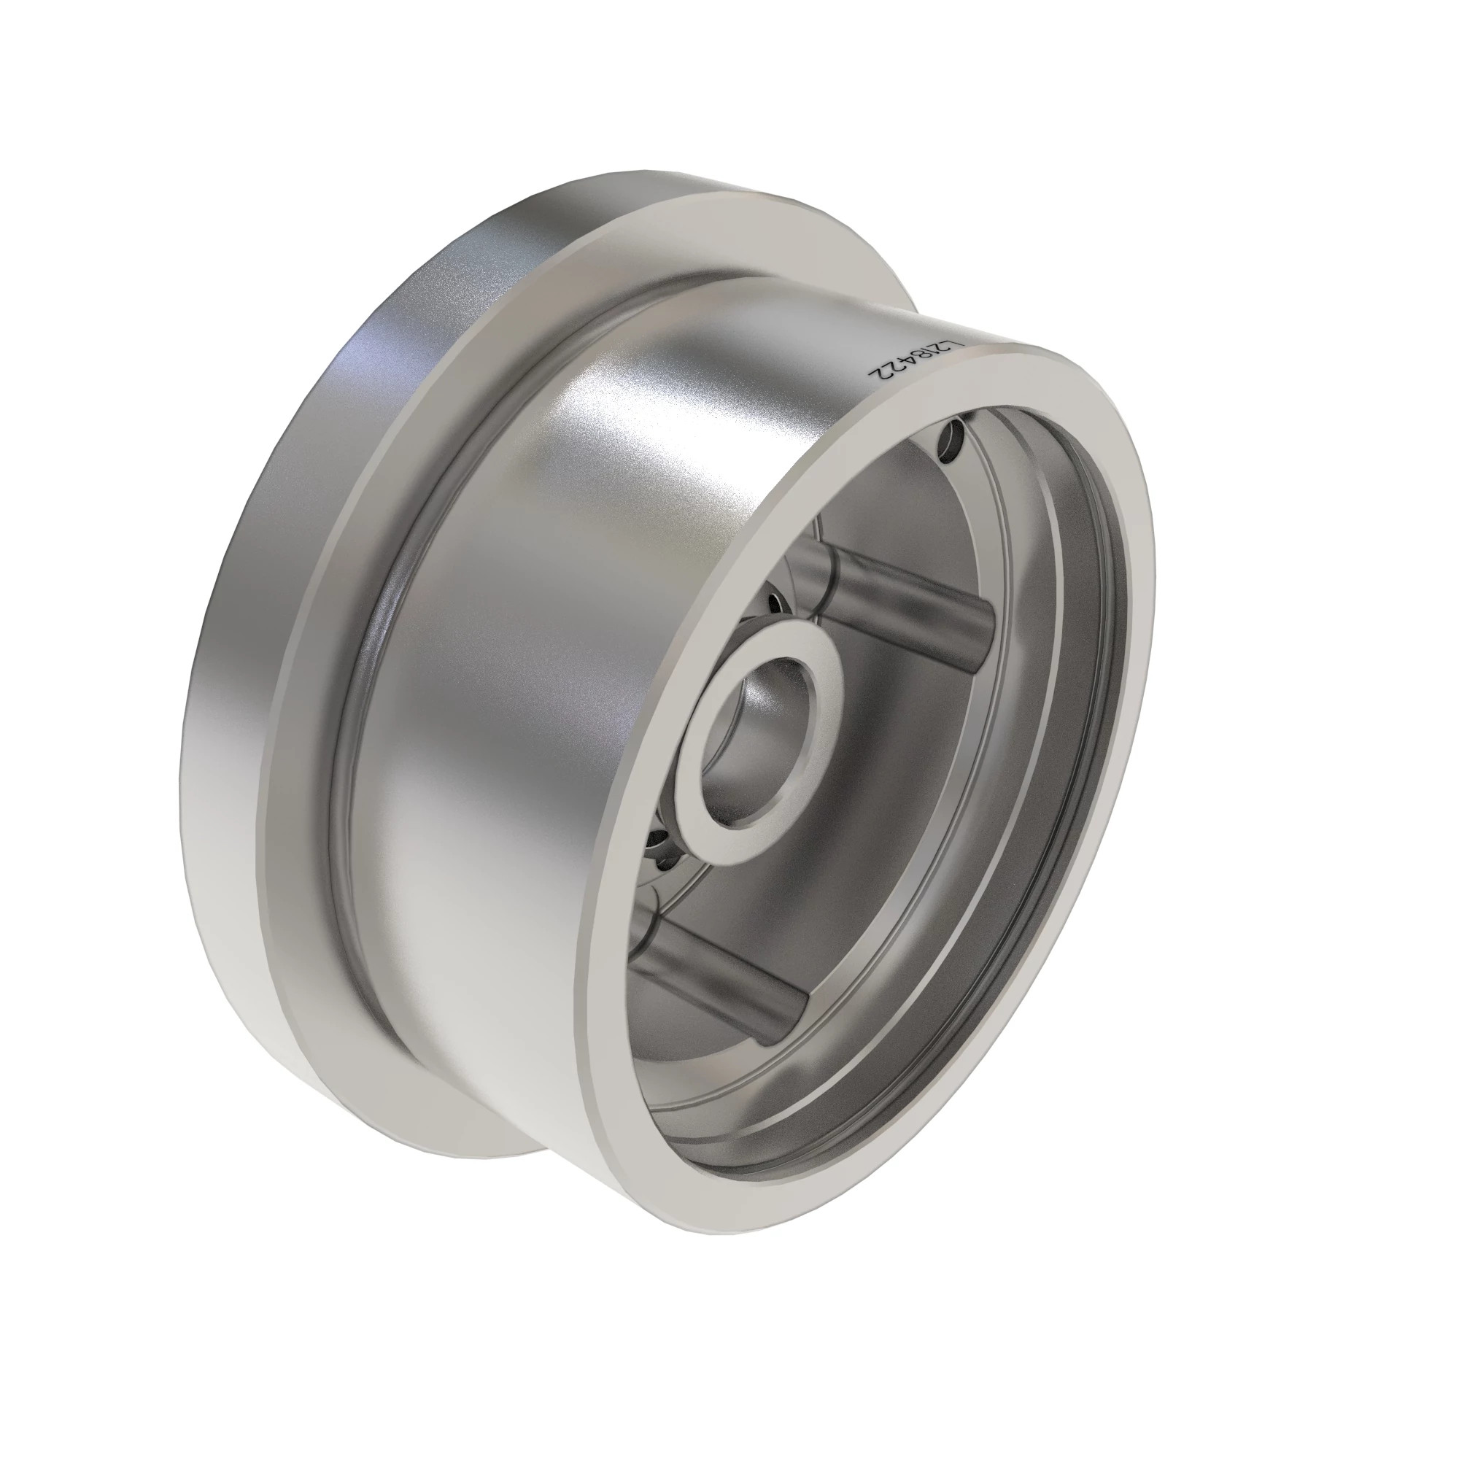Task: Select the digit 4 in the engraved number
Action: coord(903,366)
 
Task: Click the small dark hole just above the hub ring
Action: coord(775,604)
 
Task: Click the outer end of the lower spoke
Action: coord(793,1012)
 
